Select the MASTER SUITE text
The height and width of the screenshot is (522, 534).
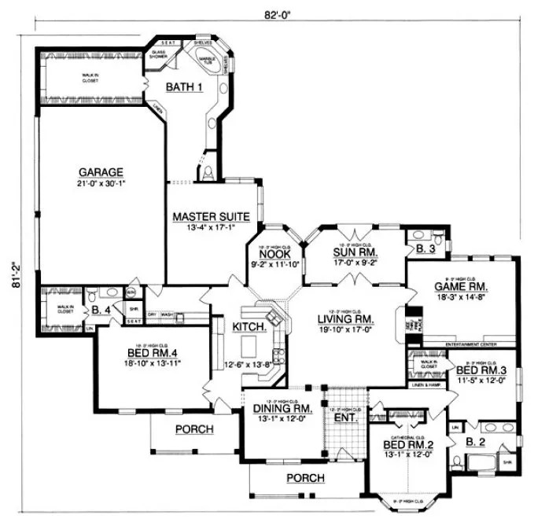coord(212,215)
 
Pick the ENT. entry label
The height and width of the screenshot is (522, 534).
coord(345,417)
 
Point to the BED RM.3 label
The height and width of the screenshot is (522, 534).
coord(481,369)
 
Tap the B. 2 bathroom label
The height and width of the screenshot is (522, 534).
coord(475,443)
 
